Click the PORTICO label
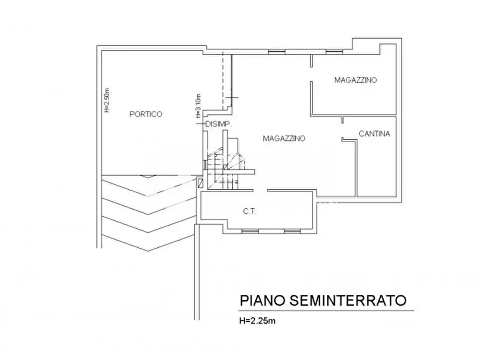146,114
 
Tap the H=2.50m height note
106,100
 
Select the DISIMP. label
218,125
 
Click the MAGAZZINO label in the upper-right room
355,81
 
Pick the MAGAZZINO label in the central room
284,138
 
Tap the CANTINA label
374,134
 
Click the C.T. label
249,212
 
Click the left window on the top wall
276,52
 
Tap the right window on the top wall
333,52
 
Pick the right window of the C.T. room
291,231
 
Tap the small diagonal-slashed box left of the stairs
200,183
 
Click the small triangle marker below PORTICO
146,176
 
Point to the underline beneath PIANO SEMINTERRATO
327,311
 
